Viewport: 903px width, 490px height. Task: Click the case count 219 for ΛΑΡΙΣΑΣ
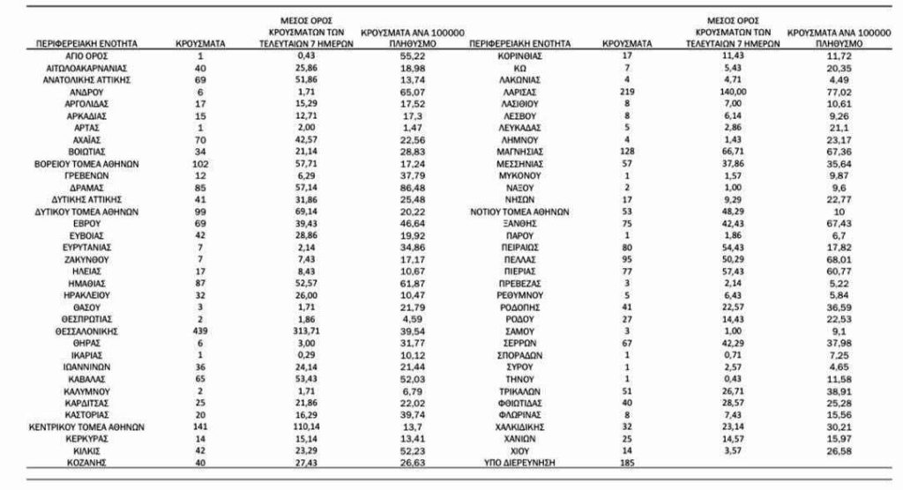[627, 91]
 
